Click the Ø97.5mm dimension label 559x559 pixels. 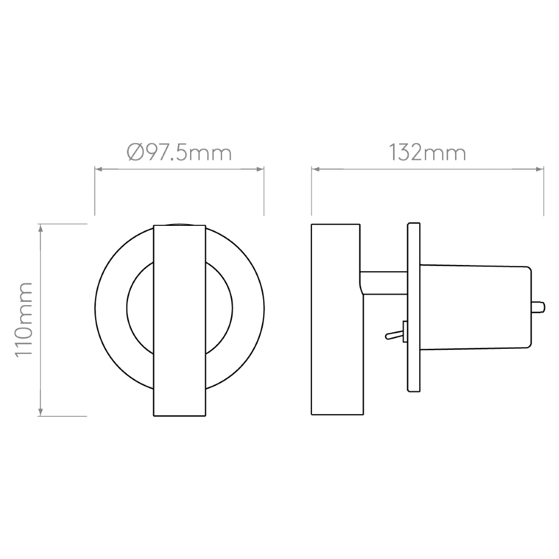pos(179,152)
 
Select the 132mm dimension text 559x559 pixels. pos(427,152)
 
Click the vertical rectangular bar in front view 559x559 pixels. pos(179,320)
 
